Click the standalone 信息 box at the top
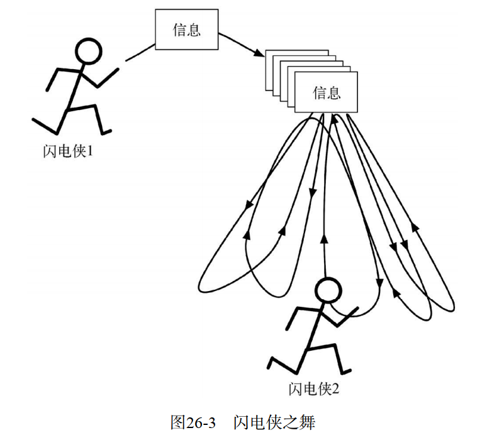click(x=186, y=30)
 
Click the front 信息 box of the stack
click(x=326, y=93)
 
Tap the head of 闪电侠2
click(x=327, y=291)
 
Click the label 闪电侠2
click(x=314, y=389)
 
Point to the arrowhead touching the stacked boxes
click(x=259, y=56)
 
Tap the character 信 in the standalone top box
click(x=179, y=30)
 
